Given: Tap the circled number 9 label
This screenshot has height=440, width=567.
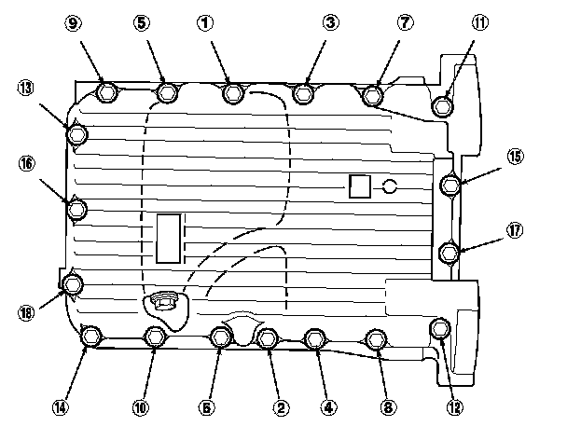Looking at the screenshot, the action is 76,22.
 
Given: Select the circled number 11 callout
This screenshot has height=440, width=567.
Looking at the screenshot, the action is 479,22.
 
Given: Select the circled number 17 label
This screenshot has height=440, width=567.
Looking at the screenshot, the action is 516,230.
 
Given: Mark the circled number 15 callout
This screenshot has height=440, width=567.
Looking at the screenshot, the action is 516,158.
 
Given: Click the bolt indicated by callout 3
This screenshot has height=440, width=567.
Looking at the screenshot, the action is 303,93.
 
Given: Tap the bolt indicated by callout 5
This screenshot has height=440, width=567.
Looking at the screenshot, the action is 168,93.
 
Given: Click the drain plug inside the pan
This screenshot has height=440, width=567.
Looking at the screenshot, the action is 163,302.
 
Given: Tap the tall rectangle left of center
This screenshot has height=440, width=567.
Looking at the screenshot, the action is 169,238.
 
